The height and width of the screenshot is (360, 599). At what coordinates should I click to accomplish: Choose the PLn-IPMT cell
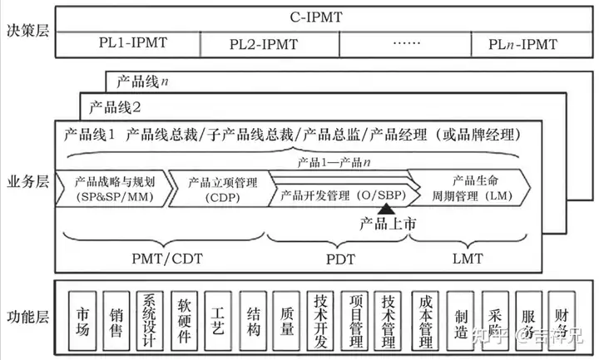click(522, 42)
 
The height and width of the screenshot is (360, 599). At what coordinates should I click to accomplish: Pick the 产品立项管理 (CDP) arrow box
click(219, 189)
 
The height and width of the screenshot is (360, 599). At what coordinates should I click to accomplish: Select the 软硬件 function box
click(185, 317)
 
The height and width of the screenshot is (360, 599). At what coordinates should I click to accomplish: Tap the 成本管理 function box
click(425, 317)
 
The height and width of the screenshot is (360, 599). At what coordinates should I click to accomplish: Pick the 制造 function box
click(460, 317)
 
